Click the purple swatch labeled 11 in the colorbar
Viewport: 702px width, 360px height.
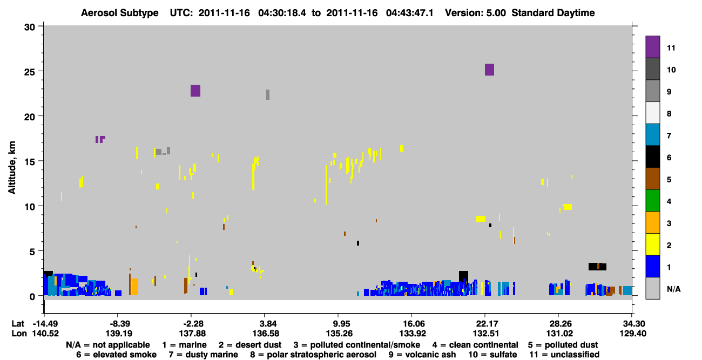pos(652,46)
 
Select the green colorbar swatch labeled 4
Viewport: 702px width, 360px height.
pos(652,201)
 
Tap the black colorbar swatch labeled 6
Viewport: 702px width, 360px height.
pos(652,157)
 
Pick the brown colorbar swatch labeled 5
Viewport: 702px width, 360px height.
pos(652,179)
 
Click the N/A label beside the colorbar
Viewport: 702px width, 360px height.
pos(673,289)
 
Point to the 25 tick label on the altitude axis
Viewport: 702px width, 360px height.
pos(30,71)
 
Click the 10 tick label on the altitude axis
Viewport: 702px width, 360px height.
pos(30,207)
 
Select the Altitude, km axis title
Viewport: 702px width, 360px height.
pos(12,168)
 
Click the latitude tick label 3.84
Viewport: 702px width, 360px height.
pos(264,324)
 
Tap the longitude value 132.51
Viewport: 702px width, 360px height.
pos(485,334)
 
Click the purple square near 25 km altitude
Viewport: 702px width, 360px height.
pos(490,70)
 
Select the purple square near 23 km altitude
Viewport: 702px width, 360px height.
pos(195,91)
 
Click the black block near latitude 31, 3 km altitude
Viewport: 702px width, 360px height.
pos(597,267)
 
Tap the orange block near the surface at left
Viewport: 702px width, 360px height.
pos(134,287)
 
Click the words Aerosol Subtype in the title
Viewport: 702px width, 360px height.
pos(120,13)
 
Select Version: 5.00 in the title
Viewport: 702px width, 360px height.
pos(475,13)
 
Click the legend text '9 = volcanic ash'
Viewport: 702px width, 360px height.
pos(422,355)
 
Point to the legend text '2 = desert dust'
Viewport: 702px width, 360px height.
pos(250,345)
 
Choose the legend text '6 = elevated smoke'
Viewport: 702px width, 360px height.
pos(116,355)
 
